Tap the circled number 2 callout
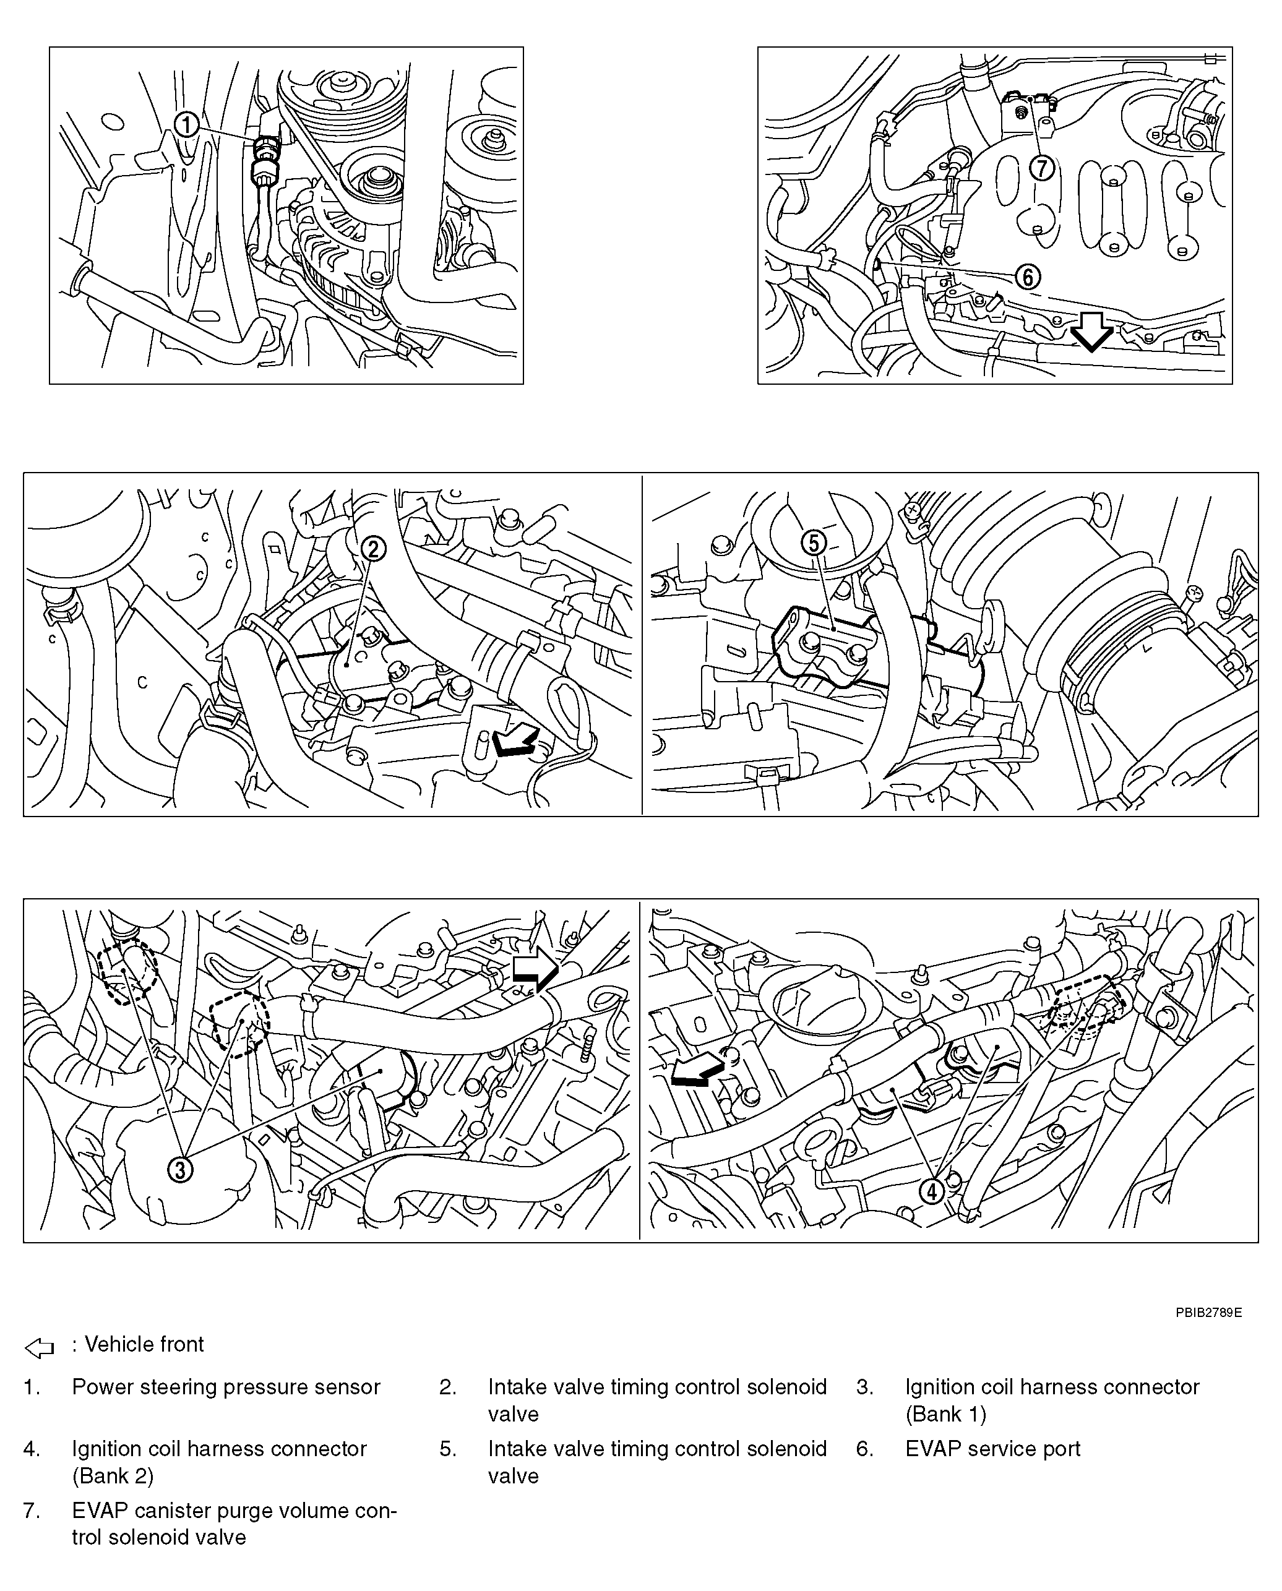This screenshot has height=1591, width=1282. (x=374, y=549)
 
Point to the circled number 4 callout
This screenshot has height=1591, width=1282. (x=932, y=1191)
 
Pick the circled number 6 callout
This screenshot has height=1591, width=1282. (x=1027, y=277)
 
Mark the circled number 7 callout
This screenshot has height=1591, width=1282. (x=1042, y=168)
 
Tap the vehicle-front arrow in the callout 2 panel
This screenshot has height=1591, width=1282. (x=515, y=740)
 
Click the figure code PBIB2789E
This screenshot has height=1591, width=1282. (x=1209, y=1313)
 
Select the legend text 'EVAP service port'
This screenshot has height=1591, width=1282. (x=992, y=1449)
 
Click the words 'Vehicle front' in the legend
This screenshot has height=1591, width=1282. (x=144, y=1344)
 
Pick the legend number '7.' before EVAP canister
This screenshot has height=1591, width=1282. (x=31, y=1511)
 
